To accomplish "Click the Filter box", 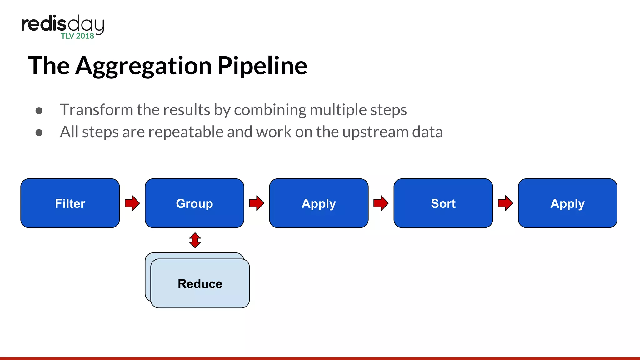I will pyautogui.click(x=70, y=203).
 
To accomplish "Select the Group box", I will pyautogui.click(x=194, y=203).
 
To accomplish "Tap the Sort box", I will pyautogui.click(x=443, y=203).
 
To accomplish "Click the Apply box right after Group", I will pyautogui.click(x=319, y=203).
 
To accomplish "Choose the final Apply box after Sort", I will pyautogui.click(x=567, y=203).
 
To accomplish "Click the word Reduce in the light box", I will pyautogui.click(x=200, y=284).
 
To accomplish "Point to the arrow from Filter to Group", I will pyautogui.click(x=132, y=203).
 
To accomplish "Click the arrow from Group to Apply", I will pyautogui.click(x=257, y=203).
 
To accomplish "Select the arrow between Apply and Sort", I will pyautogui.click(x=381, y=203).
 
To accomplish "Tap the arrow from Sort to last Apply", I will pyautogui.click(x=505, y=203).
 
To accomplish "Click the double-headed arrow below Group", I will pyautogui.click(x=195, y=240).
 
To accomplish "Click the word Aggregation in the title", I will pyautogui.click(x=143, y=66).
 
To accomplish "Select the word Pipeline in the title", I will pyautogui.click(x=262, y=66).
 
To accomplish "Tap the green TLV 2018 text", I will pyautogui.click(x=77, y=36).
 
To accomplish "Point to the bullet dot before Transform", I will pyautogui.click(x=39, y=111).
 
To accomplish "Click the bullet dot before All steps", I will pyautogui.click(x=39, y=133).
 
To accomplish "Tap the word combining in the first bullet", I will pyautogui.click(x=270, y=110).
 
